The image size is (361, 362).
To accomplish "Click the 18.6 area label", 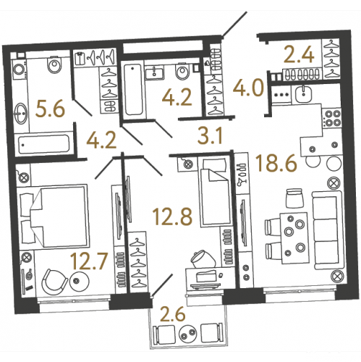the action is [x=276, y=164].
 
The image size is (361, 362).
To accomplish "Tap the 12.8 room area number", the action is [x=173, y=217].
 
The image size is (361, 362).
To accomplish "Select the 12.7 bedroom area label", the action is [x=88, y=261].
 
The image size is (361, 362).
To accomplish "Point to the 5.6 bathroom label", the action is [x=50, y=109].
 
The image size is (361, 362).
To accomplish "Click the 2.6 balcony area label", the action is [x=173, y=314].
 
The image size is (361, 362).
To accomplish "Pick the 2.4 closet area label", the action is [x=299, y=55].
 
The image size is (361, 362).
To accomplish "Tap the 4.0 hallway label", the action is [x=247, y=88].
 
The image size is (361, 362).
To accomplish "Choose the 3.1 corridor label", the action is [x=210, y=135].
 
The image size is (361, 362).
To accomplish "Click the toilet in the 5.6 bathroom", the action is [x=55, y=64].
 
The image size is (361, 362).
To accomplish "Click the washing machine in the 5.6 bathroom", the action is [x=20, y=70].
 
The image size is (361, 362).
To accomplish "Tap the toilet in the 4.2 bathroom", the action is [x=182, y=71].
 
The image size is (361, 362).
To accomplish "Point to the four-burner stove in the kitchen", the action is [x=333, y=118].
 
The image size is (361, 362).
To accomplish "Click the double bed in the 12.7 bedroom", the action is [x=54, y=216].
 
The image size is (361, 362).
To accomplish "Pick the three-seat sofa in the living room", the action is [x=328, y=230].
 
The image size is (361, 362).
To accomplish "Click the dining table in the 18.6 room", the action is [x=294, y=238].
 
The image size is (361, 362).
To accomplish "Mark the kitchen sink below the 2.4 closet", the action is [x=303, y=94].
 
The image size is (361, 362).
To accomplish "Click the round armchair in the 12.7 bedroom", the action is [x=54, y=282].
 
